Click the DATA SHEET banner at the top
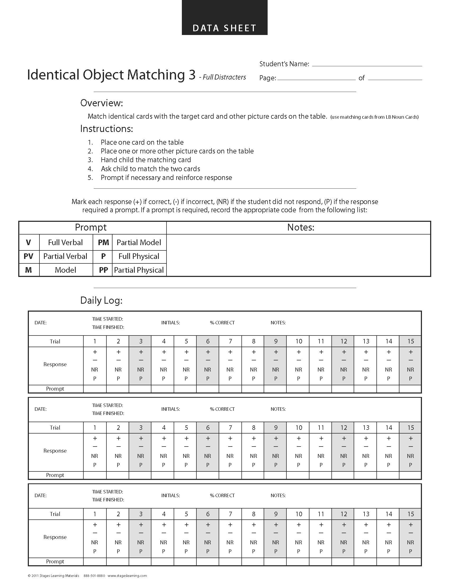[224, 28]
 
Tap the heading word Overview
[102, 103]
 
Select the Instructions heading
[106, 129]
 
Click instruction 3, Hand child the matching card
[146, 160]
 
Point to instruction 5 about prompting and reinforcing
[166, 178]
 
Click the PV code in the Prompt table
[29, 256]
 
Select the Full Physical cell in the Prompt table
[139, 256]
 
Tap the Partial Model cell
[139, 242]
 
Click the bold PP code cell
[103, 270]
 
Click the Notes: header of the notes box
[301, 227]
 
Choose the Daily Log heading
[101, 301]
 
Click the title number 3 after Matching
[192, 75]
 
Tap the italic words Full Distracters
[224, 77]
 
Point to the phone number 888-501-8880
[94, 576]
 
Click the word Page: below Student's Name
[268, 78]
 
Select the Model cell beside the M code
[66, 270]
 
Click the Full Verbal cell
[66, 242]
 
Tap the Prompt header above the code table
[91, 227]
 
